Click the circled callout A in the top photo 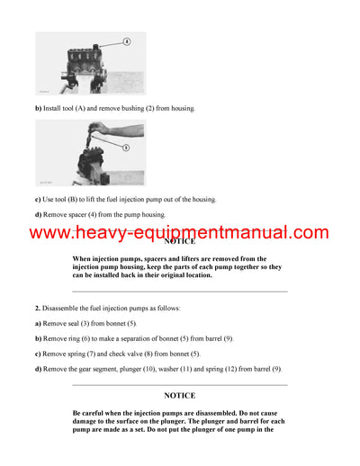tap(126, 41)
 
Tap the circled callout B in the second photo tap(125, 147)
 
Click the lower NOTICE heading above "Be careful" tap(179, 395)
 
